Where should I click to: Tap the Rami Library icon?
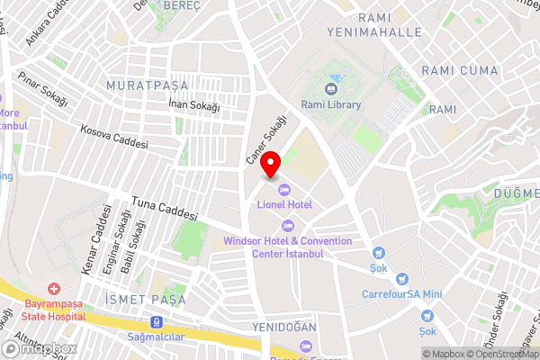pyautogui.click(x=331, y=89)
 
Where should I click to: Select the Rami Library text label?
pyautogui.click(x=331, y=105)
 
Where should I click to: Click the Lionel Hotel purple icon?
pyautogui.click(x=284, y=189)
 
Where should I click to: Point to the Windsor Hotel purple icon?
pyautogui.click(x=288, y=225)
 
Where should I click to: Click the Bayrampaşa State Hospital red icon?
pyautogui.click(x=54, y=289)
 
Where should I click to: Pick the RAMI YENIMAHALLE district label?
pyautogui.click(x=389, y=24)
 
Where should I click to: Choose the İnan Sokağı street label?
pyautogui.click(x=194, y=104)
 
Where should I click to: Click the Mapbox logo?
pyautogui.click(x=40, y=348)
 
